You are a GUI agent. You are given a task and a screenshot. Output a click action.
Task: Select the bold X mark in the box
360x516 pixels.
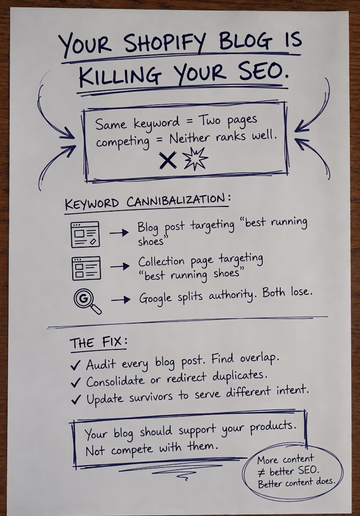pos(168,160)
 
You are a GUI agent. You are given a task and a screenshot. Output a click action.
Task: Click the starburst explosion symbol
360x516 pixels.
pos(195,159)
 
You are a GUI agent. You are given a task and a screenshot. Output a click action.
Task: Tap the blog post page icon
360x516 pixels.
pos(85,234)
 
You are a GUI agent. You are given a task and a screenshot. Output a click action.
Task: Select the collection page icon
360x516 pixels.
pos(86,268)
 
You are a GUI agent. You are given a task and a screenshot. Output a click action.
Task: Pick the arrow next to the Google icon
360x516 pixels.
pos(121,300)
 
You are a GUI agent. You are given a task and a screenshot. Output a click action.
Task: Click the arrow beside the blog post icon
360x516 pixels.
pos(119,233)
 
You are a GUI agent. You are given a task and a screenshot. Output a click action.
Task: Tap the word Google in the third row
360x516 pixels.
pos(155,298)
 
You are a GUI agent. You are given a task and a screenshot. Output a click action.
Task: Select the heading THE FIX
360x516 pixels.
pos(98,343)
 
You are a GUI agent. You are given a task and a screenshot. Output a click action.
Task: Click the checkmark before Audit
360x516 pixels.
pos(76,365)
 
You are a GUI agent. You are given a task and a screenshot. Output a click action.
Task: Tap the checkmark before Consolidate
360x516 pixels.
pos(76,382)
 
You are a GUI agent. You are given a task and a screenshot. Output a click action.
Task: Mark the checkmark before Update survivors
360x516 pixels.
pos(76,399)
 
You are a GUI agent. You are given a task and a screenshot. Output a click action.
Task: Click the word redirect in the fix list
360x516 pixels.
pos(186,378)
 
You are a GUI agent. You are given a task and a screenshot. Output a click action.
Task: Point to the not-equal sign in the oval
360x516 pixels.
pos(261,473)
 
